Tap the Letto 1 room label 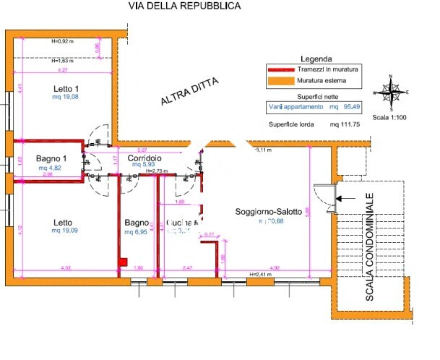pyautogui.click(x=66, y=89)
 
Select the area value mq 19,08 pyautogui.click(x=66, y=97)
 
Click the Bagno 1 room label pyautogui.click(x=51, y=159)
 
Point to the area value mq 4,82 pyautogui.click(x=51, y=167)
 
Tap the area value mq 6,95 pyautogui.click(x=137, y=233)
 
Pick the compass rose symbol pyautogui.click(x=390, y=92)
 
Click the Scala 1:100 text pyautogui.click(x=390, y=116)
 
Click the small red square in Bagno pyautogui.click(x=123, y=262)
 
